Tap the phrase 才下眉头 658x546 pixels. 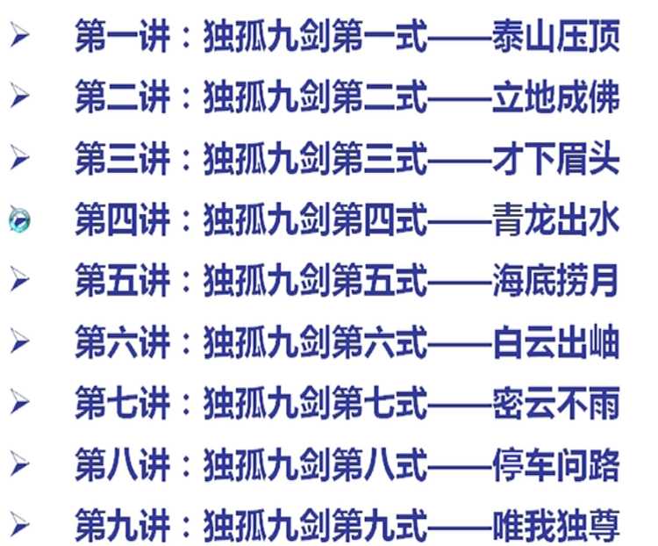[x=556, y=160]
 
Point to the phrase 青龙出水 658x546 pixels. [x=556, y=219]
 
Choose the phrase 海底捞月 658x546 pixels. [x=556, y=281]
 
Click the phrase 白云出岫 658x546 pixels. [x=556, y=341]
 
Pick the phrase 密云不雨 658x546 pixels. [x=556, y=403]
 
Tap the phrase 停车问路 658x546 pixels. [x=556, y=464]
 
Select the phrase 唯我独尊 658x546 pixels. [x=556, y=526]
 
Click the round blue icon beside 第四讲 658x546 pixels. [x=19, y=220]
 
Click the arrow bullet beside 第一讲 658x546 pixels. [x=19, y=39]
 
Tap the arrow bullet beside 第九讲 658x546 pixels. [x=19, y=526]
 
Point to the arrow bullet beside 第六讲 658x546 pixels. [x=19, y=341]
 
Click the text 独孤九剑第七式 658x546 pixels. [x=315, y=403]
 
